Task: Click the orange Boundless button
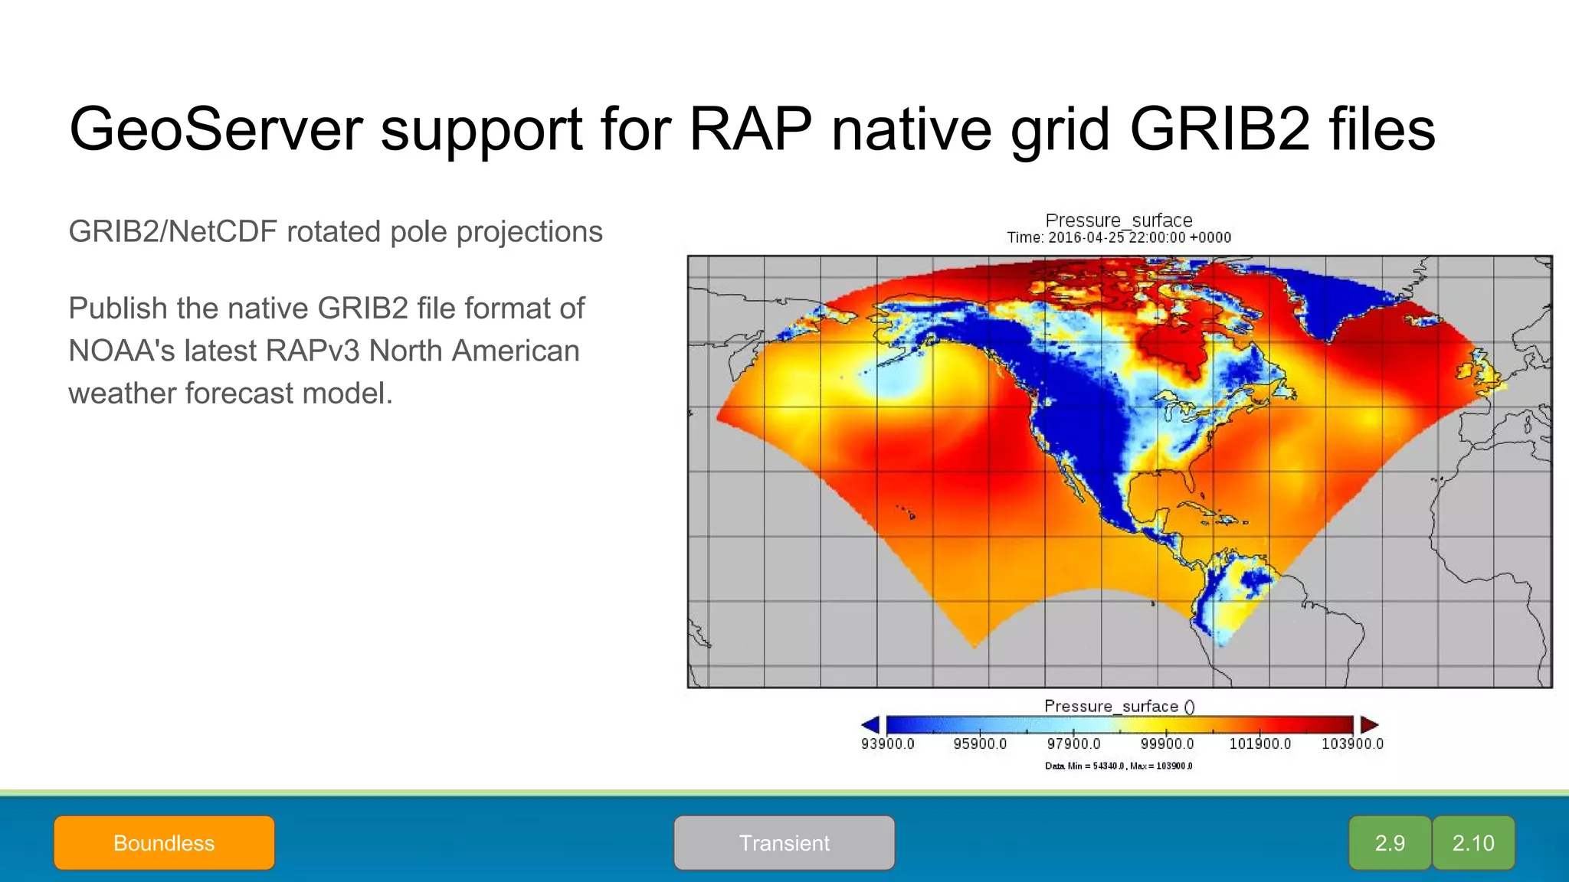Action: coord(164,843)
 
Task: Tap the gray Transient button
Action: coord(784,843)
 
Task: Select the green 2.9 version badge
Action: coord(1390,843)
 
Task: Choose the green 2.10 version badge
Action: coord(1473,843)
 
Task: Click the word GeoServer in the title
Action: coord(215,129)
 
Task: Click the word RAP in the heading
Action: coord(750,129)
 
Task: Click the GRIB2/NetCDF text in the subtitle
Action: coord(172,231)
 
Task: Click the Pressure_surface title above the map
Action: coord(1119,220)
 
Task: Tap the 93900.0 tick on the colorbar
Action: coord(887,743)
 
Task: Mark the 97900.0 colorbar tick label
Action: coord(1073,743)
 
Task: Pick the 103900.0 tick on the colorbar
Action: coord(1352,743)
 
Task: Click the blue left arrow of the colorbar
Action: coord(871,724)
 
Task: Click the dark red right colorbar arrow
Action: coord(1369,724)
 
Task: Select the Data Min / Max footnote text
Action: coord(1119,766)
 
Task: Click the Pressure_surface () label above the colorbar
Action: coord(1119,706)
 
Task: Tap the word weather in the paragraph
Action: coord(122,393)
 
